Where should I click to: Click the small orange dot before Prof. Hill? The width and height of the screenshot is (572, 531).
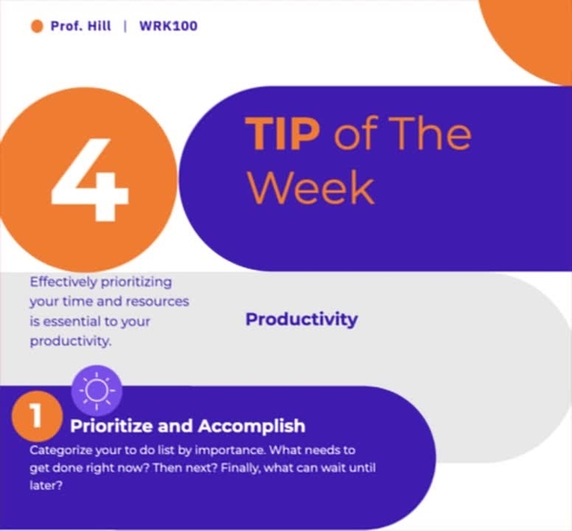37,26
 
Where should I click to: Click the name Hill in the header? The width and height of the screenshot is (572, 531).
97,26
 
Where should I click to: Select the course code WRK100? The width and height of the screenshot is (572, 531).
168,26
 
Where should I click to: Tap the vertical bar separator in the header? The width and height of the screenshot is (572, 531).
126,26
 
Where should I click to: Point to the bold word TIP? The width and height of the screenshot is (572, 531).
282,135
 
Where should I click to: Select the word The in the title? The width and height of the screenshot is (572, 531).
432,135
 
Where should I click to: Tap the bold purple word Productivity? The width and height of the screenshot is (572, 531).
301,319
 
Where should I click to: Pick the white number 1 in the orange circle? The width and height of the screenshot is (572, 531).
36,417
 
